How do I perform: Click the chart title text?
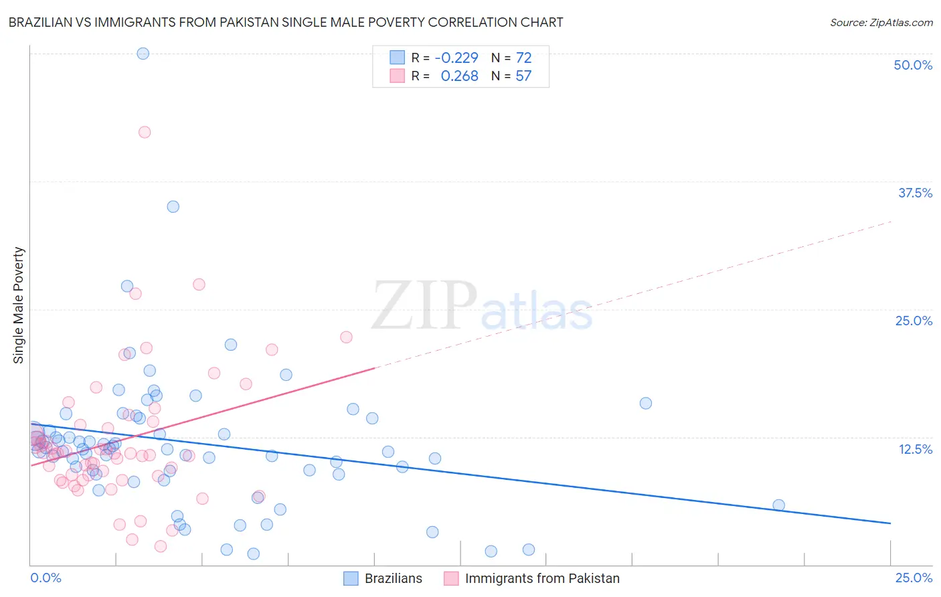click(286, 22)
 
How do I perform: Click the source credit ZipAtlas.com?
click(881, 22)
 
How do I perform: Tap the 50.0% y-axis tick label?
click(913, 65)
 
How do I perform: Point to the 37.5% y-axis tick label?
click(915, 193)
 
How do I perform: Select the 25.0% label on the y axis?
click(914, 321)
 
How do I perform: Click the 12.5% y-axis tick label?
click(915, 449)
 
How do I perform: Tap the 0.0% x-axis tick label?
click(46, 578)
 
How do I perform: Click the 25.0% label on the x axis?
click(914, 578)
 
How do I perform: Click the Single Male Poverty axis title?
click(19, 305)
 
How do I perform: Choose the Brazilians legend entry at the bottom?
click(393, 578)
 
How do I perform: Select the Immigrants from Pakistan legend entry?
click(542, 578)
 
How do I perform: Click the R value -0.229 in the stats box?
click(456, 58)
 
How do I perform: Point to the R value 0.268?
click(459, 76)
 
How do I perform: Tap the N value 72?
click(523, 58)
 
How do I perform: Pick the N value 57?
click(523, 76)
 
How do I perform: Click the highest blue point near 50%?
click(143, 54)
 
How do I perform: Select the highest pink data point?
click(145, 132)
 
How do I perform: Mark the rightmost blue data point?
click(778, 505)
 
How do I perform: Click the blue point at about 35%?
click(173, 207)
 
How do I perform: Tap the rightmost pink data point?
click(346, 337)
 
